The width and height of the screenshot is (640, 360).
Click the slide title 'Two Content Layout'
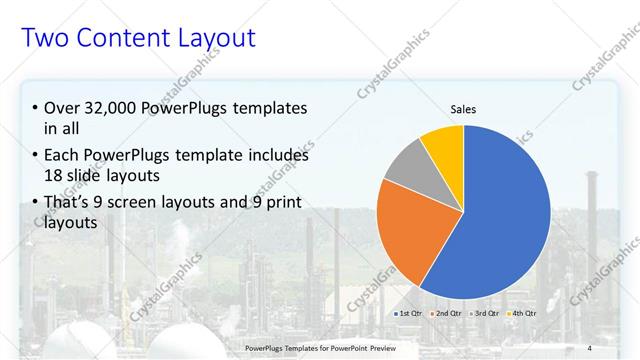click(138, 39)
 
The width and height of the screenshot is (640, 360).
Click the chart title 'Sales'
click(463, 110)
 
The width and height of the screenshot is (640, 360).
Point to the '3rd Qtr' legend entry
click(484, 314)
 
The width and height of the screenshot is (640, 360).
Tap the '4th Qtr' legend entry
click(522, 314)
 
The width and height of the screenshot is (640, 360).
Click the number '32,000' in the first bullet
click(108, 108)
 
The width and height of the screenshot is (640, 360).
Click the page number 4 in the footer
click(589, 347)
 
